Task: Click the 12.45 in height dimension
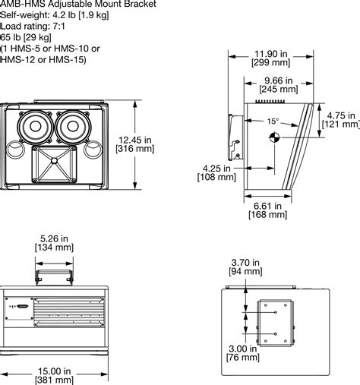point(158,139)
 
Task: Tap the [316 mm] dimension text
point(158,150)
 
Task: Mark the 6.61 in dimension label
point(268,204)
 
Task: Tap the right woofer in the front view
point(74,125)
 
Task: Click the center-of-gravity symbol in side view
point(274,137)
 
